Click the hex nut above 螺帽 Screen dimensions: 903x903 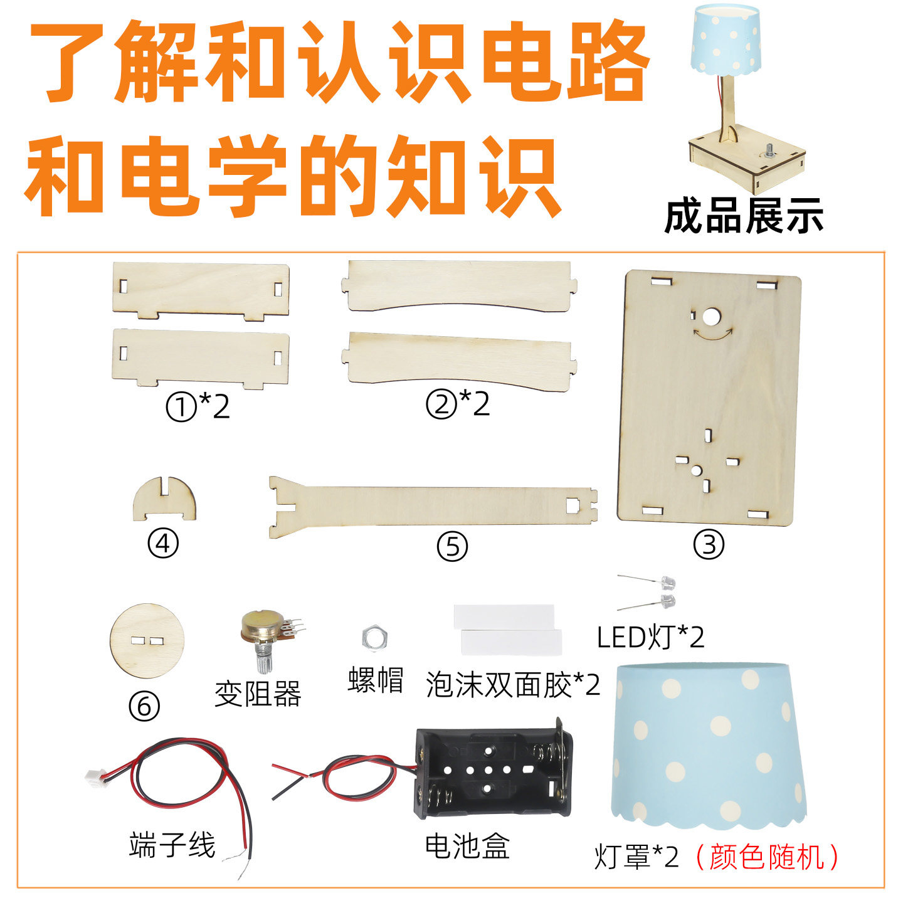point(376,637)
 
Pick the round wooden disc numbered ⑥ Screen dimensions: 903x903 point(147,641)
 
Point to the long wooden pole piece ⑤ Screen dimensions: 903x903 point(433,507)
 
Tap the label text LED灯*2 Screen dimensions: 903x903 point(650,638)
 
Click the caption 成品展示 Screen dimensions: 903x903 point(744,216)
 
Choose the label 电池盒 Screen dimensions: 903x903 point(467,846)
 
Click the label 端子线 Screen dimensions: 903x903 point(172,845)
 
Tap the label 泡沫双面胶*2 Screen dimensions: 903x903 point(512,685)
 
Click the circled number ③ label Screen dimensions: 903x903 point(708,545)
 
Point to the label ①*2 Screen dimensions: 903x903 point(198,407)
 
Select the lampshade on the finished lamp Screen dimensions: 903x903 point(726,38)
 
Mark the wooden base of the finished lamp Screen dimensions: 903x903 point(746,160)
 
